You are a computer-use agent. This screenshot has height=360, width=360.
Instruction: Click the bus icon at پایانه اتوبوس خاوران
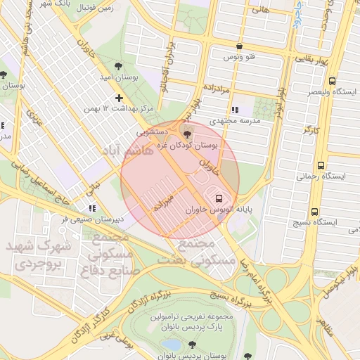coord(219,198)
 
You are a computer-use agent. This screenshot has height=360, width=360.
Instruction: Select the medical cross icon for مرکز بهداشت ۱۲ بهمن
coord(119,98)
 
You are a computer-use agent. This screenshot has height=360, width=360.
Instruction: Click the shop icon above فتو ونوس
coord(240,45)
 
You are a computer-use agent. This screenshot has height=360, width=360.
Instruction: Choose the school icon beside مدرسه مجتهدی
coord(235,110)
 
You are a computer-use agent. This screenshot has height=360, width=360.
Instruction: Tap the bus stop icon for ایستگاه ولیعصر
coord(332,81)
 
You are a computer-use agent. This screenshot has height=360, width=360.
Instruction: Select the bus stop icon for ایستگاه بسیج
coord(314,211)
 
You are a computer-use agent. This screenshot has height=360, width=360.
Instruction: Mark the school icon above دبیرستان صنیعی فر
coord(91,208)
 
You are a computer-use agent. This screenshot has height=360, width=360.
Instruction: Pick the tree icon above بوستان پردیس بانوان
coord(193,345)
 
